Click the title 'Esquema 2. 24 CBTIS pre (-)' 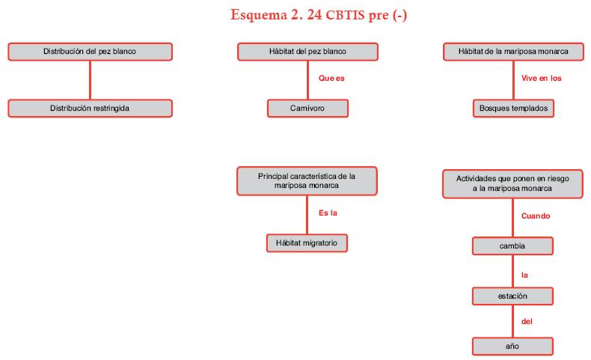(318, 16)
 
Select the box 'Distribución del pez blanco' (90, 52)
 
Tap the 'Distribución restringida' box (90, 109)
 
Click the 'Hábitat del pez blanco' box (307, 52)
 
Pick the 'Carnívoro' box (307, 109)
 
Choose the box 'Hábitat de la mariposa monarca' (512, 52)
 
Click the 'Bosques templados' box (513, 109)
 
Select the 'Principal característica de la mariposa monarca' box (307, 180)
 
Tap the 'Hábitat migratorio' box (307, 243)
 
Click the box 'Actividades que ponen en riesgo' (512, 184)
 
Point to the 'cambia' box (512, 246)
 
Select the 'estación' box (512, 296)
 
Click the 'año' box (512, 347)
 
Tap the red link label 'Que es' (331, 78)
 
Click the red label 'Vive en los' (542, 78)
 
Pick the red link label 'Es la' (328, 213)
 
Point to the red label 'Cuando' (536, 216)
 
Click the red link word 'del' (527, 322)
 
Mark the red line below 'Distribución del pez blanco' (91, 79)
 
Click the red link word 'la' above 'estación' (525, 275)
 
